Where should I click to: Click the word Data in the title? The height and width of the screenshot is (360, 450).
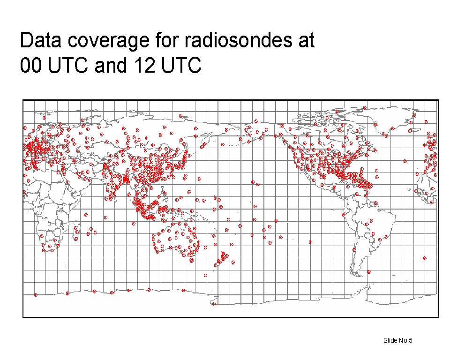(x=40, y=40)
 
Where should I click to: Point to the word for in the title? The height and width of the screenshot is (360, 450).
(x=167, y=40)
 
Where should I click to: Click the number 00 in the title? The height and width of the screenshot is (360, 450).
(x=31, y=65)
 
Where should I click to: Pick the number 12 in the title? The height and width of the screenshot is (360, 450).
(x=144, y=65)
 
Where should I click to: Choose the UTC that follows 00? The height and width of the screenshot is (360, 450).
(x=67, y=65)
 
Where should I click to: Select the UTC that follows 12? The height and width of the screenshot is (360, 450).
(x=181, y=65)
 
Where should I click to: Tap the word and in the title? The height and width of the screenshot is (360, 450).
(x=111, y=65)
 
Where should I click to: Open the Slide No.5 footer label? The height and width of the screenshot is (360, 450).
(x=398, y=340)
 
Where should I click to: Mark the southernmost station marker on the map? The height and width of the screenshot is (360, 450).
(x=214, y=304)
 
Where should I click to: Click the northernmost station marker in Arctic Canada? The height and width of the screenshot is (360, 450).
(x=365, y=108)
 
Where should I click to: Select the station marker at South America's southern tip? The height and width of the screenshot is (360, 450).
(x=369, y=271)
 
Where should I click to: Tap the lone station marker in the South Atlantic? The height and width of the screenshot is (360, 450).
(x=425, y=258)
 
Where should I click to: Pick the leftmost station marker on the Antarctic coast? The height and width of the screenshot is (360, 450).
(x=36, y=295)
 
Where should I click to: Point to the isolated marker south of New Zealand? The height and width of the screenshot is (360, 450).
(x=205, y=275)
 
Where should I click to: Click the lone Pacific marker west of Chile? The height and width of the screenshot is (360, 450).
(x=310, y=242)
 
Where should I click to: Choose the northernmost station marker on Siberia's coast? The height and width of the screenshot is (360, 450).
(x=180, y=116)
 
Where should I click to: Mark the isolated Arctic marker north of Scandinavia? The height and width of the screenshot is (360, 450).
(x=44, y=118)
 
